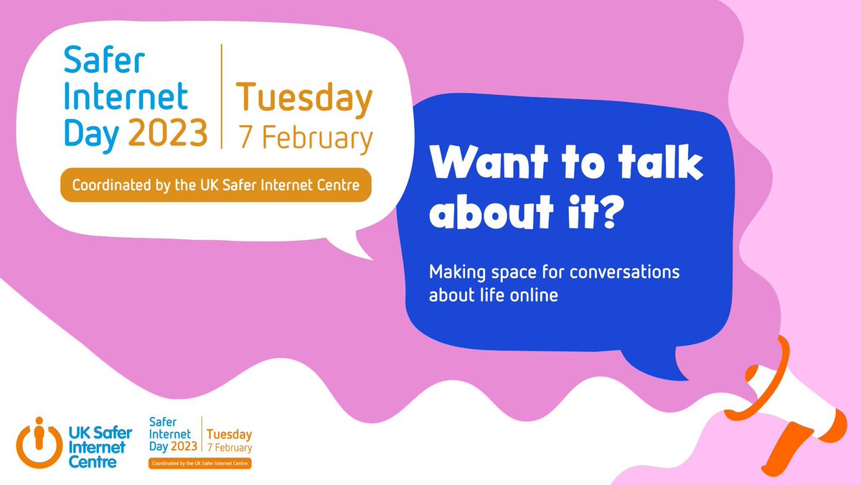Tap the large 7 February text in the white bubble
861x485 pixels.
[306, 138]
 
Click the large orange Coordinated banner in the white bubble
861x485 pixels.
[216, 185]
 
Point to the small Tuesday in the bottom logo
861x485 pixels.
[229, 435]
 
